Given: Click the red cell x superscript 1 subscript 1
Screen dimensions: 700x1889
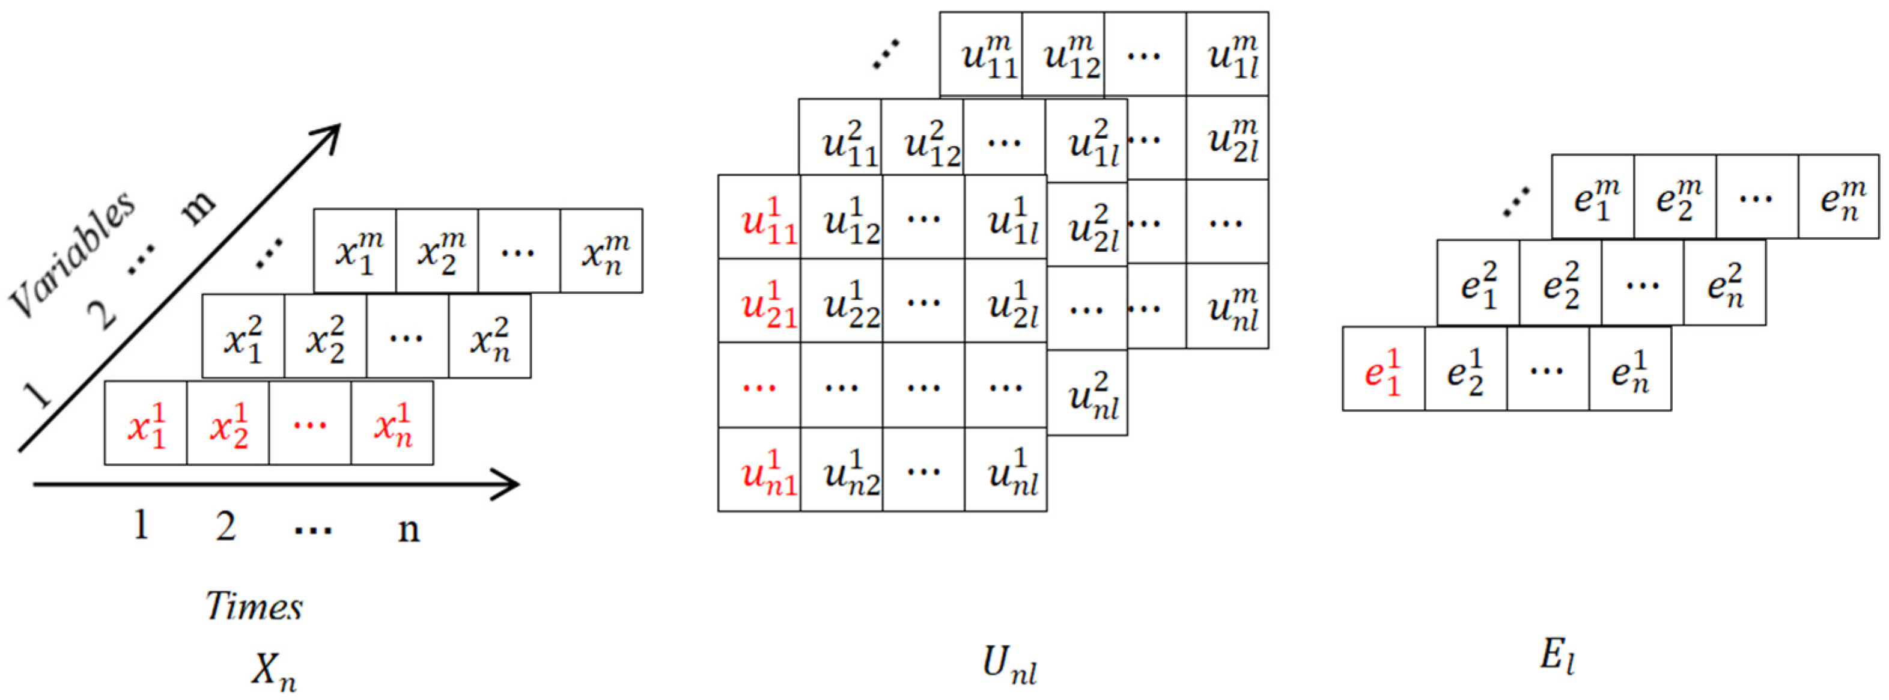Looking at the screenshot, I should click(x=146, y=424).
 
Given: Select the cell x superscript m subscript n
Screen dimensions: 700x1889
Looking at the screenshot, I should click(x=602, y=251).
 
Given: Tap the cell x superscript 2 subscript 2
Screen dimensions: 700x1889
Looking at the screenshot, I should click(x=325, y=336).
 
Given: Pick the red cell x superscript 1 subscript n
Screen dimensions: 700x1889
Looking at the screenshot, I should click(x=392, y=424).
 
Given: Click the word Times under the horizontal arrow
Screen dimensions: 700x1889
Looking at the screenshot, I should click(x=254, y=606).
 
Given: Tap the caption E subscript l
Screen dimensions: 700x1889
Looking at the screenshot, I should click(x=1557, y=654).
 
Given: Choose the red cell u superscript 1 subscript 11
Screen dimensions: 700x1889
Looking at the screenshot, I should click(x=759, y=217).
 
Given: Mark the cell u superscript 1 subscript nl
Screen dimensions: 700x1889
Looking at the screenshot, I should click(x=1006, y=470).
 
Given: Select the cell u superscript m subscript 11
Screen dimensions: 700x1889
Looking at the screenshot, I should click(x=981, y=54).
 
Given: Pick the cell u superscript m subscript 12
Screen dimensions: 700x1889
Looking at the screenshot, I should click(x=1063, y=54).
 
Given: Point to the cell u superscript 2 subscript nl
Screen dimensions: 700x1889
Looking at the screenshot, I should click(x=1087, y=394).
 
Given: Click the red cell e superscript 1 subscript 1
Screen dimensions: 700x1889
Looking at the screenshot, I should click(x=1384, y=370).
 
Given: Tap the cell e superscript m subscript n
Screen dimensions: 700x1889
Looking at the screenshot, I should click(x=1839, y=196).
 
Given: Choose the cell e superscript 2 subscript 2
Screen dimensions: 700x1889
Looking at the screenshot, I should click(x=1560, y=283).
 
